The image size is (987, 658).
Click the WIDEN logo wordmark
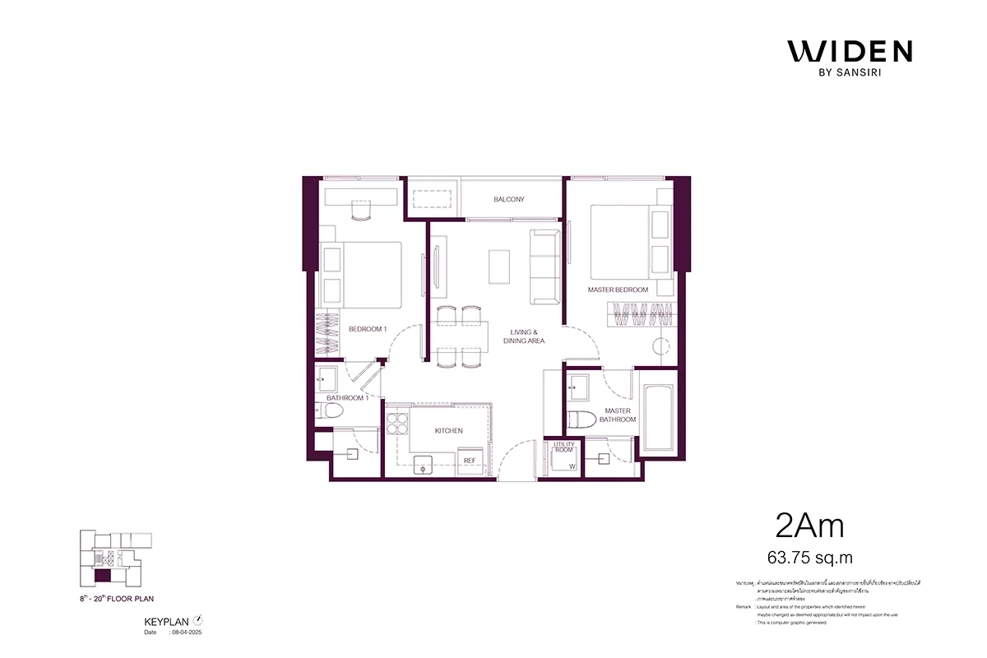(850, 51)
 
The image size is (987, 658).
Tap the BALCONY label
(509, 199)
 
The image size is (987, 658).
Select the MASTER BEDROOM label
(618, 290)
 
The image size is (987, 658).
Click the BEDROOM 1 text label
(367, 329)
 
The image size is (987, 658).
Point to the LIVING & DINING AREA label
(526, 336)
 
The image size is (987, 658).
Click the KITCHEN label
(448, 430)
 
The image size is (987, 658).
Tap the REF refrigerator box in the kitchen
(470, 461)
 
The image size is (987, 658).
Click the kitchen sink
(424, 464)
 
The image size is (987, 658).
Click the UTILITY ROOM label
(563, 447)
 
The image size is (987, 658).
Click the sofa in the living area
(544, 265)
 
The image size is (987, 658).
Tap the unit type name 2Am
(809, 524)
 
